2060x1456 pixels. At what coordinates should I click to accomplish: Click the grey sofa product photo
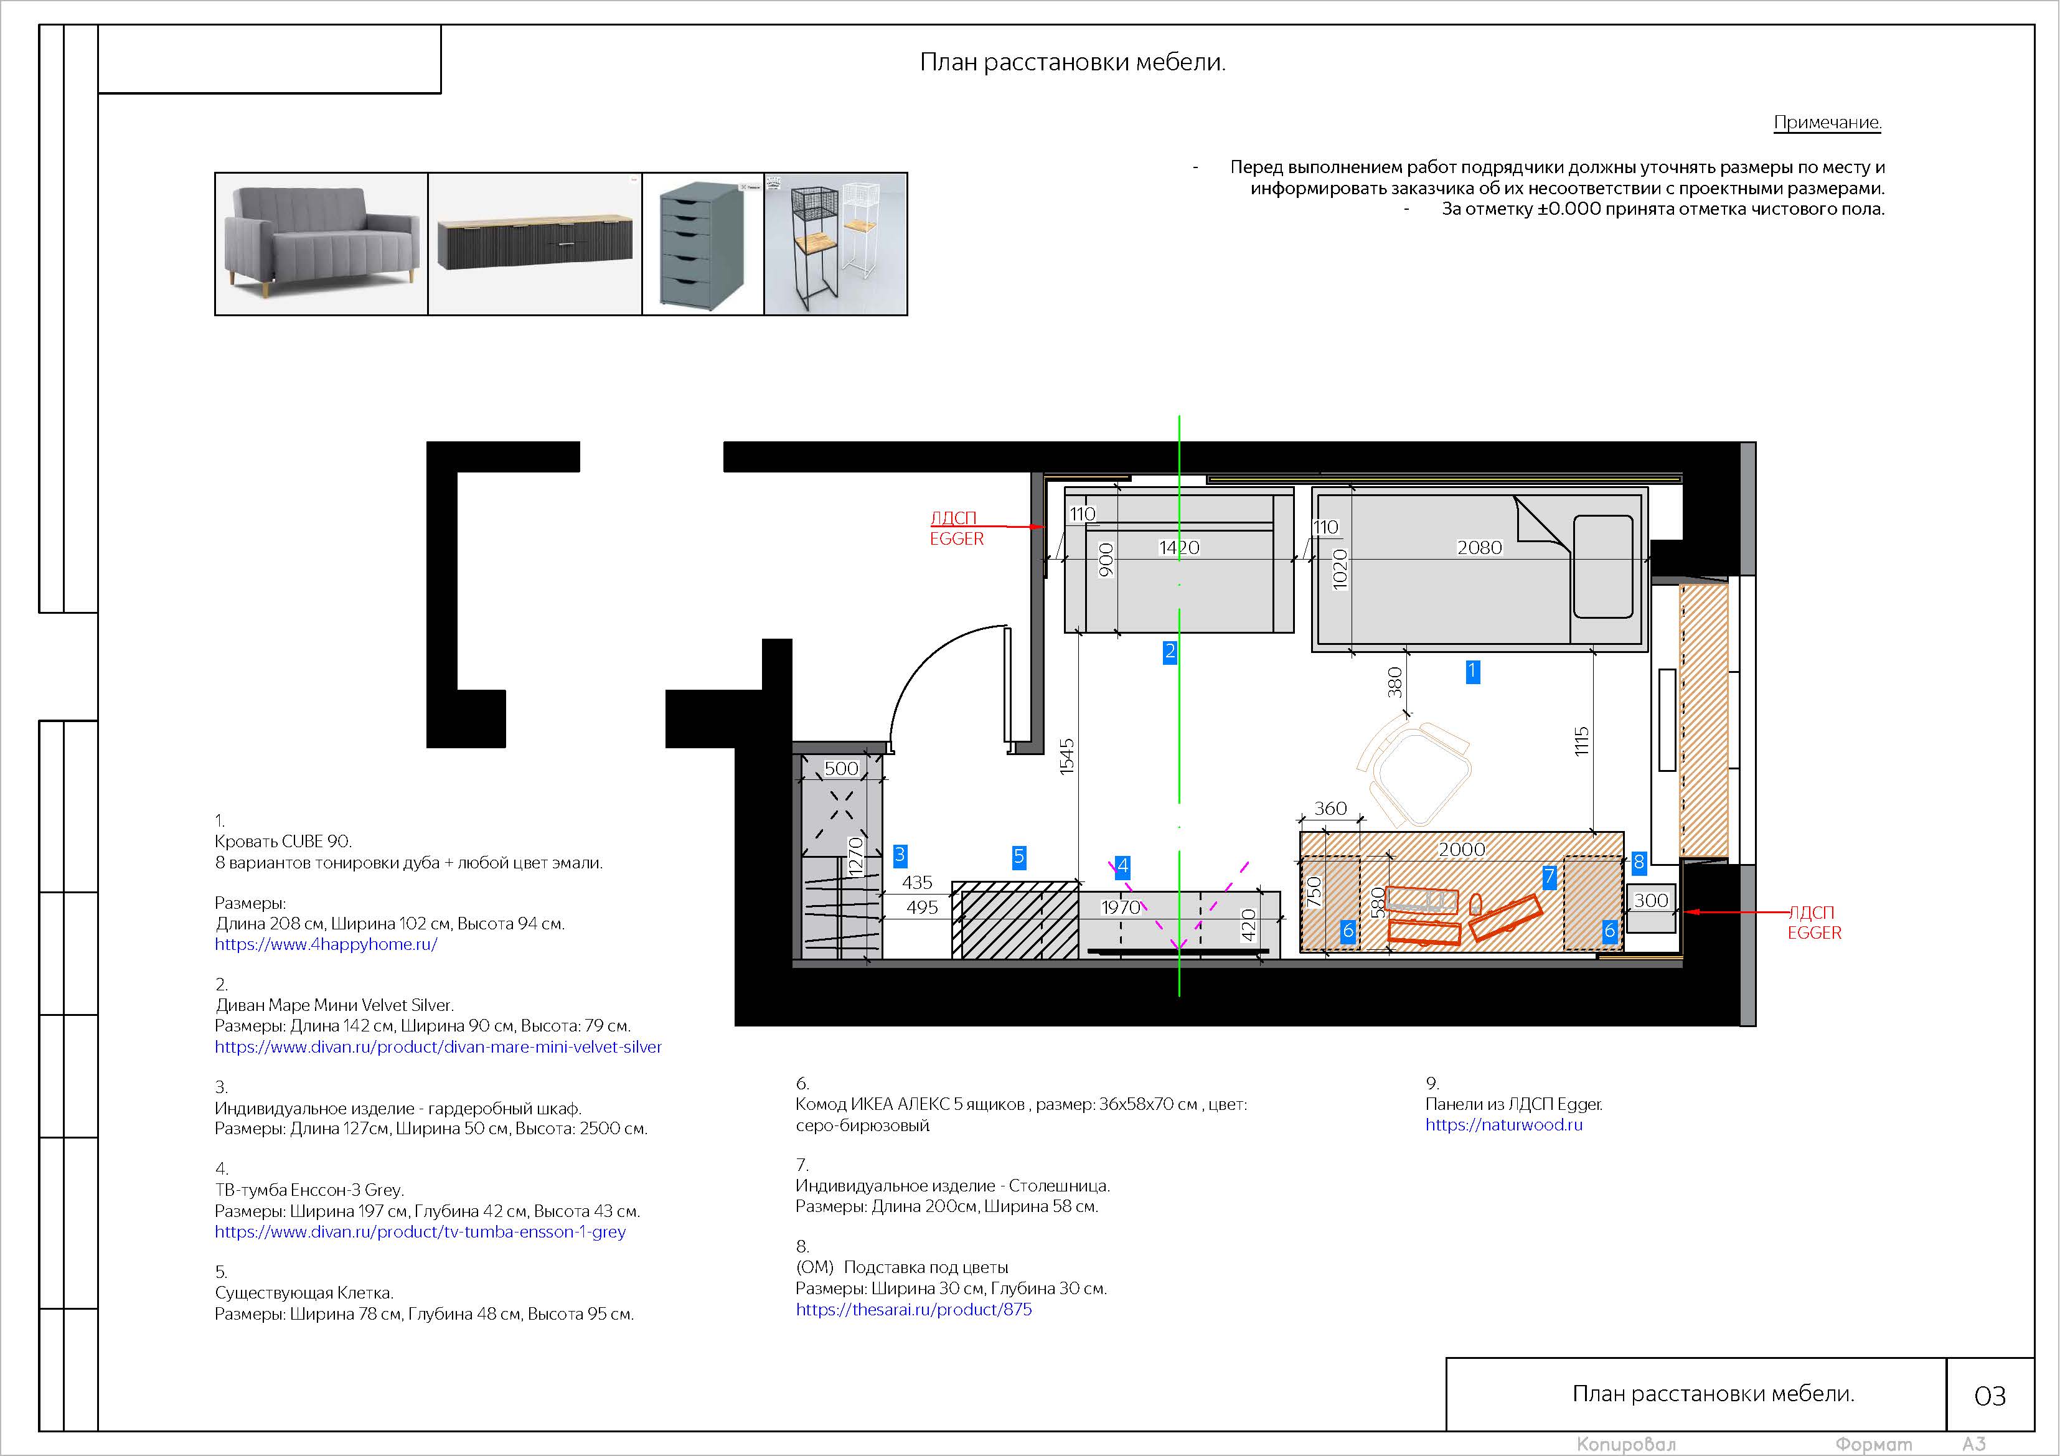(321, 243)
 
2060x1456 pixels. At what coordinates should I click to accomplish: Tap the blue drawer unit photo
(702, 243)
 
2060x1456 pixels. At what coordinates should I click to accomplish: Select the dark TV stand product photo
(535, 243)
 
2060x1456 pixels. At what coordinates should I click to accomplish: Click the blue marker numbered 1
(1472, 671)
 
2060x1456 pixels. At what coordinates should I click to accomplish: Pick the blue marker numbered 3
(900, 855)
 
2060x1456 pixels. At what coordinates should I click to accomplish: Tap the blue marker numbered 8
(1639, 863)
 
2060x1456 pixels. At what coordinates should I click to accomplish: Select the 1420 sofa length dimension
(1179, 547)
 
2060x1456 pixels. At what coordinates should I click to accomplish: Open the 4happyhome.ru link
(326, 944)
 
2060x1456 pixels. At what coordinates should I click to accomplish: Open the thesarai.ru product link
(913, 1309)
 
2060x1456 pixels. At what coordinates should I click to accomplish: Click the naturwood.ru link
(1503, 1124)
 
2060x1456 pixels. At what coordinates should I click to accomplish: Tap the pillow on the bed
(1602, 566)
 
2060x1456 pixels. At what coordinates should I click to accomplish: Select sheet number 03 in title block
(1990, 1396)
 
